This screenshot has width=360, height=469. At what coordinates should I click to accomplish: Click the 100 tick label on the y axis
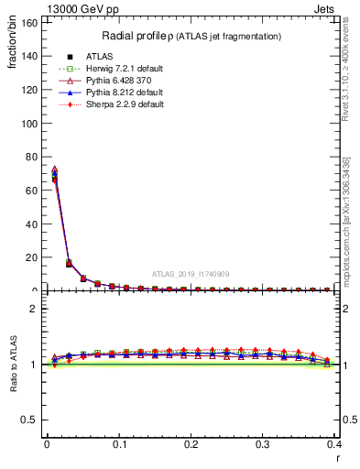coord(31,123)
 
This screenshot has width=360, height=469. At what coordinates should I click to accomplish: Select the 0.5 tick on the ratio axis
coord(32,420)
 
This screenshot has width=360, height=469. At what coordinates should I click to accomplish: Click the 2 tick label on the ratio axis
coord(37,309)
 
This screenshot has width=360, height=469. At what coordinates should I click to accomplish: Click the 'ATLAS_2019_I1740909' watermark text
coord(191,274)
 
